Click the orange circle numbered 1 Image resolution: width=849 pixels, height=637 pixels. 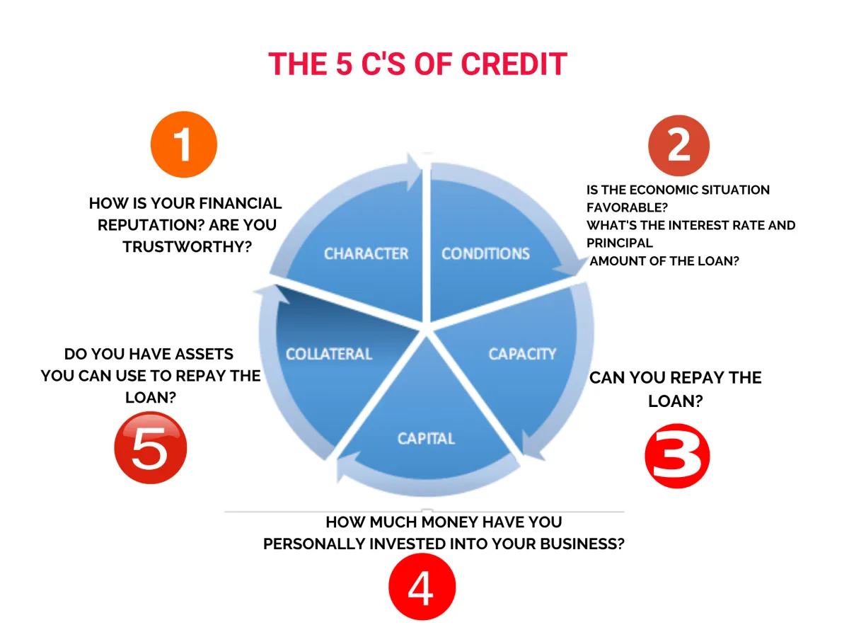(184, 144)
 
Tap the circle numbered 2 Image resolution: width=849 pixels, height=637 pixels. (678, 145)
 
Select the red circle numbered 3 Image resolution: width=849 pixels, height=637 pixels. (677, 456)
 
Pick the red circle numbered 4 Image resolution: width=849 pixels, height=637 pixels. (422, 587)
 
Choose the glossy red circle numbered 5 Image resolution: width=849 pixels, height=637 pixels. (151, 447)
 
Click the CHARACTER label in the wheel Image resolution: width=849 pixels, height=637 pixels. (366, 253)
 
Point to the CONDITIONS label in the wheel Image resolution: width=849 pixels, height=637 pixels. (485, 253)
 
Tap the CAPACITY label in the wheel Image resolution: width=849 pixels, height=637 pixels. (522, 354)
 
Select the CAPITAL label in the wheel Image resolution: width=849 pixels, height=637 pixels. (426, 439)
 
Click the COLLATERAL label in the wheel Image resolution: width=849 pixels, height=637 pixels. (329, 354)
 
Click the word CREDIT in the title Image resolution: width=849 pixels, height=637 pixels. (514, 64)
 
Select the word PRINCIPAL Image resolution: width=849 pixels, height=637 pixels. (620, 243)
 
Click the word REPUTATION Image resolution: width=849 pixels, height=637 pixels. (147, 225)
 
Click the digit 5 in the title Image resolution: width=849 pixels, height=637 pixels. (344, 64)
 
